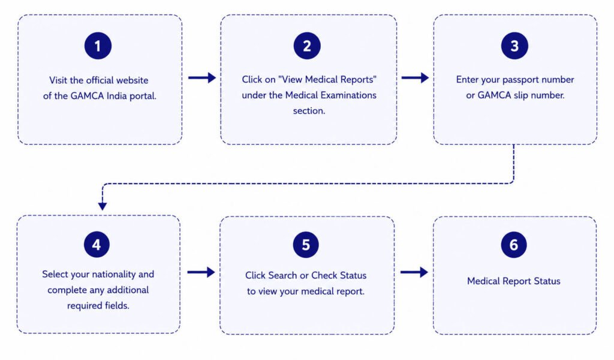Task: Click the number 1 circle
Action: pos(98,46)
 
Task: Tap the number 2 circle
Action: pos(307,46)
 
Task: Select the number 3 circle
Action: pos(514,46)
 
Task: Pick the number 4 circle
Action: pos(97,244)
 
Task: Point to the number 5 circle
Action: pos(306,244)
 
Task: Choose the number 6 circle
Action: pos(514,244)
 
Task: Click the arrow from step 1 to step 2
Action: pos(202,77)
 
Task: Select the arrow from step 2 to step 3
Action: pos(415,77)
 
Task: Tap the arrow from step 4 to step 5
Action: pos(201,272)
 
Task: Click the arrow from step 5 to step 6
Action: pos(414,272)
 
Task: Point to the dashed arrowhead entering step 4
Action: pos(103,206)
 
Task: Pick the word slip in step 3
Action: pos(520,95)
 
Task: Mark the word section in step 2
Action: pos(309,111)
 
